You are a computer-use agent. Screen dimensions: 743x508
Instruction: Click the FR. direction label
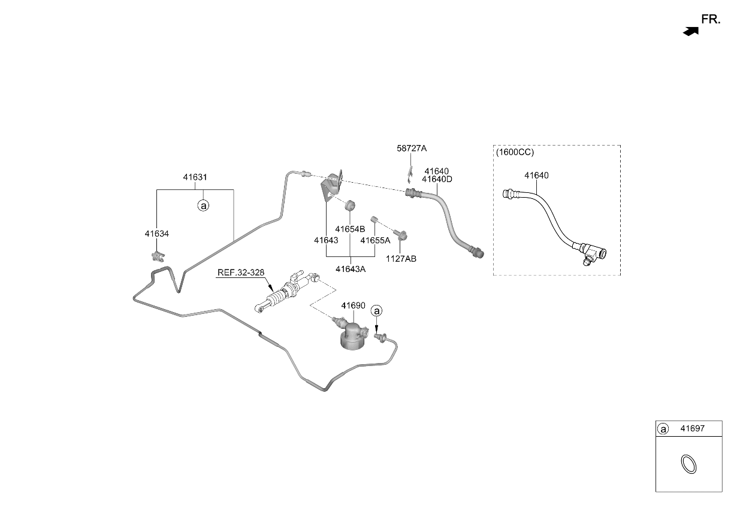711,20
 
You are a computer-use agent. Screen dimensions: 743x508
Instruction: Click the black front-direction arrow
691,32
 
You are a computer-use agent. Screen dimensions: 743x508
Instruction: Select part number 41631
195,177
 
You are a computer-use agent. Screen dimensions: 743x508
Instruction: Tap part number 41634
157,234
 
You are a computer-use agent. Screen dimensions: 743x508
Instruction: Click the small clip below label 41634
158,256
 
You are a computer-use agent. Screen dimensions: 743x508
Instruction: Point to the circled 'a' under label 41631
203,206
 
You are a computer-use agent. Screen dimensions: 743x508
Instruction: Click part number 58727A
412,149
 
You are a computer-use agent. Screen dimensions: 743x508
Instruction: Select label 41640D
437,179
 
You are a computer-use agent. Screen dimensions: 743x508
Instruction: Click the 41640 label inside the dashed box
536,176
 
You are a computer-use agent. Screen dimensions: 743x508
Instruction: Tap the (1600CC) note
515,152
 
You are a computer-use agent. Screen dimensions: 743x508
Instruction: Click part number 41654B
350,229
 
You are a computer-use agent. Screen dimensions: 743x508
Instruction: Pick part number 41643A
351,269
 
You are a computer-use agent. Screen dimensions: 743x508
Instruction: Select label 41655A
375,240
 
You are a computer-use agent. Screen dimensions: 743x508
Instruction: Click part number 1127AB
401,259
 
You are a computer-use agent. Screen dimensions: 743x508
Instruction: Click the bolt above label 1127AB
400,235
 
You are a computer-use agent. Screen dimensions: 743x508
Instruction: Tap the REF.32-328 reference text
241,273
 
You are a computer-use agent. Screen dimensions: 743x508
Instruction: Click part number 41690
354,306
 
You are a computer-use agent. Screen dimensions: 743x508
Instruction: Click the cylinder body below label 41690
353,336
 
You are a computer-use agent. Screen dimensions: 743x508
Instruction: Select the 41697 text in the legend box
692,428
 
